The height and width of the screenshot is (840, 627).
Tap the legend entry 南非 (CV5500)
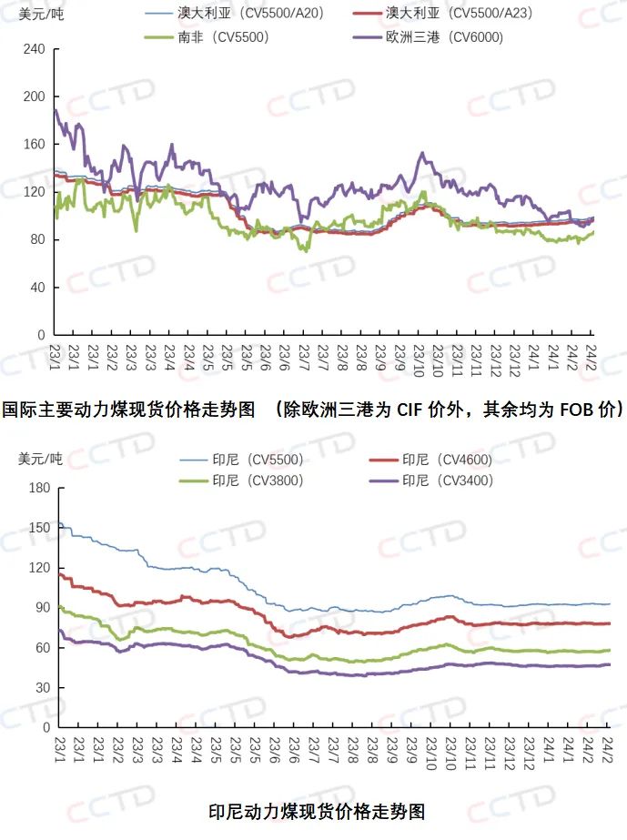pyautogui.click(x=217, y=37)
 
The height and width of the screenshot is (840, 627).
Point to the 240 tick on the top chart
pyautogui.click(x=33, y=49)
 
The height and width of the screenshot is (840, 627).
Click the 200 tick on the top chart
pyautogui.click(x=33, y=96)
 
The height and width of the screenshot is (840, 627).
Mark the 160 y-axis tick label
pyautogui.click(x=33, y=144)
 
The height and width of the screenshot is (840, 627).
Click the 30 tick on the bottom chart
pyautogui.click(x=41, y=687)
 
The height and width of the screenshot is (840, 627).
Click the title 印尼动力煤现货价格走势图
pyautogui.click(x=317, y=810)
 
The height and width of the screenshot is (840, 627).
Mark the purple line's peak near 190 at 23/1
pyautogui.click(x=56, y=110)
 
